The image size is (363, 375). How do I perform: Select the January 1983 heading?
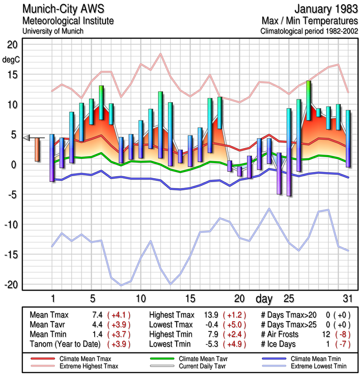point(323,9)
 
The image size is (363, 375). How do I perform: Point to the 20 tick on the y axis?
point(12,45)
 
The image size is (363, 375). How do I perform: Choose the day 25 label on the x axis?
point(289,298)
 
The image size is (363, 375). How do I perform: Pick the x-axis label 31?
point(347,298)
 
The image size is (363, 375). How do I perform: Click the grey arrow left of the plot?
point(27,137)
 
